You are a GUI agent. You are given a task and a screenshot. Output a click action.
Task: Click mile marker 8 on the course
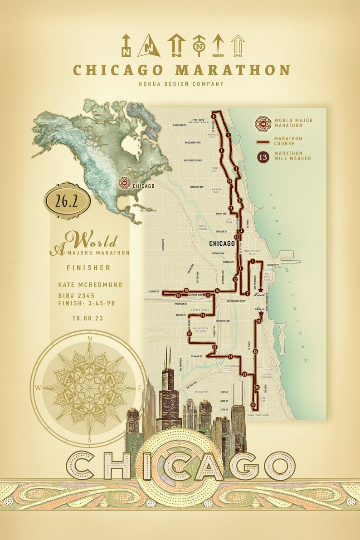213,116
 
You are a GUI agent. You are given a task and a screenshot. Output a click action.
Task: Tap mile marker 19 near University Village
189,334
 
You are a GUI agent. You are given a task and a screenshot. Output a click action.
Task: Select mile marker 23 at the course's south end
253,405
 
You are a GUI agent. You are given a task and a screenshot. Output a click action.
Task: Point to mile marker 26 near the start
258,321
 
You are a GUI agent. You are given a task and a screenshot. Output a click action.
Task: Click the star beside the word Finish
260,289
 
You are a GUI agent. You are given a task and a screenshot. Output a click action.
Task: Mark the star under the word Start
260,313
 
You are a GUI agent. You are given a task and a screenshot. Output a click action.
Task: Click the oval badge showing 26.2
67,201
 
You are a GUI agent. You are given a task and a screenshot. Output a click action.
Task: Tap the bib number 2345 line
76,296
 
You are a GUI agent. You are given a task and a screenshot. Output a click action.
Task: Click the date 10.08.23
88,318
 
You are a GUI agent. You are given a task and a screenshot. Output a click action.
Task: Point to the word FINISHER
88,268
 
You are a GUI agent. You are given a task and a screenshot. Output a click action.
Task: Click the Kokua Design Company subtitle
181,83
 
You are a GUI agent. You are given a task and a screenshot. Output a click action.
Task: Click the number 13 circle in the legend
263,157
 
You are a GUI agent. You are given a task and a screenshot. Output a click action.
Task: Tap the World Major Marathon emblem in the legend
263,123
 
